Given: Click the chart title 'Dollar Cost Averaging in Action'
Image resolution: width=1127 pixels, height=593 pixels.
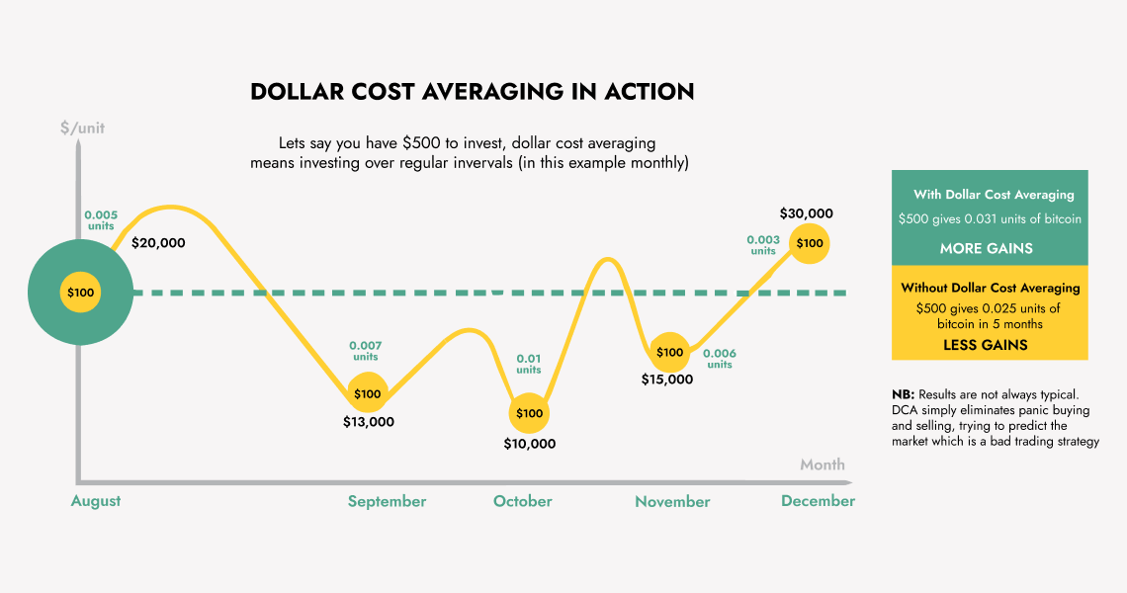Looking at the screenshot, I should pyautogui.click(x=473, y=92).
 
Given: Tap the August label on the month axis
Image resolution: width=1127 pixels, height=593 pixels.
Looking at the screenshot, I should pyautogui.click(x=96, y=501).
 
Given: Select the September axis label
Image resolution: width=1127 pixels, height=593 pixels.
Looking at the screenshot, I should pyautogui.click(x=387, y=501).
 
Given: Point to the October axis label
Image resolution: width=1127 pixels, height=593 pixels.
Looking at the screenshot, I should pyautogui.click(x=523, y=501).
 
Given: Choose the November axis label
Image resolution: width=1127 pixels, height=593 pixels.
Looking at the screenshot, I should pyautogui.click(x=672, y=501).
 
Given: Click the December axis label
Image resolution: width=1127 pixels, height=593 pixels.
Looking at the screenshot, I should pyautogui.click(x=818, y=501).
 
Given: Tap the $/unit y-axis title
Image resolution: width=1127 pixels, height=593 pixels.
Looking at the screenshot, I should pyautogui.click(x=82, y=127).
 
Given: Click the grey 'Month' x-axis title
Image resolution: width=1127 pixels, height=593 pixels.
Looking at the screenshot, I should pyautogui.click(x=823, y=465).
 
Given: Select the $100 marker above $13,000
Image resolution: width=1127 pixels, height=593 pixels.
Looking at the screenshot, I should pyautogui.click(x=367, y=394).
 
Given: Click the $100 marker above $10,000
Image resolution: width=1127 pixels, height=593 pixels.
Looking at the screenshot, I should pyautogui.click(x=529, y=412).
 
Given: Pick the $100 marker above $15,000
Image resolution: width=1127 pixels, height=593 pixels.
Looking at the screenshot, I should pyautogui.click(x=669, y=353).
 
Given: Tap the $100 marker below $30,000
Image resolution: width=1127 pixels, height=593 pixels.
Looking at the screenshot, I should pyautogui.click(x=810, y=243).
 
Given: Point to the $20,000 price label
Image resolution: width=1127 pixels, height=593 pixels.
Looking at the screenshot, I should pyautogui.click(x=158, y=242).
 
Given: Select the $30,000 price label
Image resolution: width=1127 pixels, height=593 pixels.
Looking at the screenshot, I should pyautogui.click(x=806, y=213).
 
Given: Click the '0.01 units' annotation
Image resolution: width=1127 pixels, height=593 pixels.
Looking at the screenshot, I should pyautogui.click(x=529, y=365).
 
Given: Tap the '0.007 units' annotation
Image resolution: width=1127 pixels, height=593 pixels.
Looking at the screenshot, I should pyautogui.click(x=365, y=351).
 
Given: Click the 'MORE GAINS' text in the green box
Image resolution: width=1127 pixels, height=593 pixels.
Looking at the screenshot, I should pyautogui.click(x=986, y=248).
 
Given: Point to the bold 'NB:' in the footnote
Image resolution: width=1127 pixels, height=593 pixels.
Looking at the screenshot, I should pyautogui.click(x=902, y=394).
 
